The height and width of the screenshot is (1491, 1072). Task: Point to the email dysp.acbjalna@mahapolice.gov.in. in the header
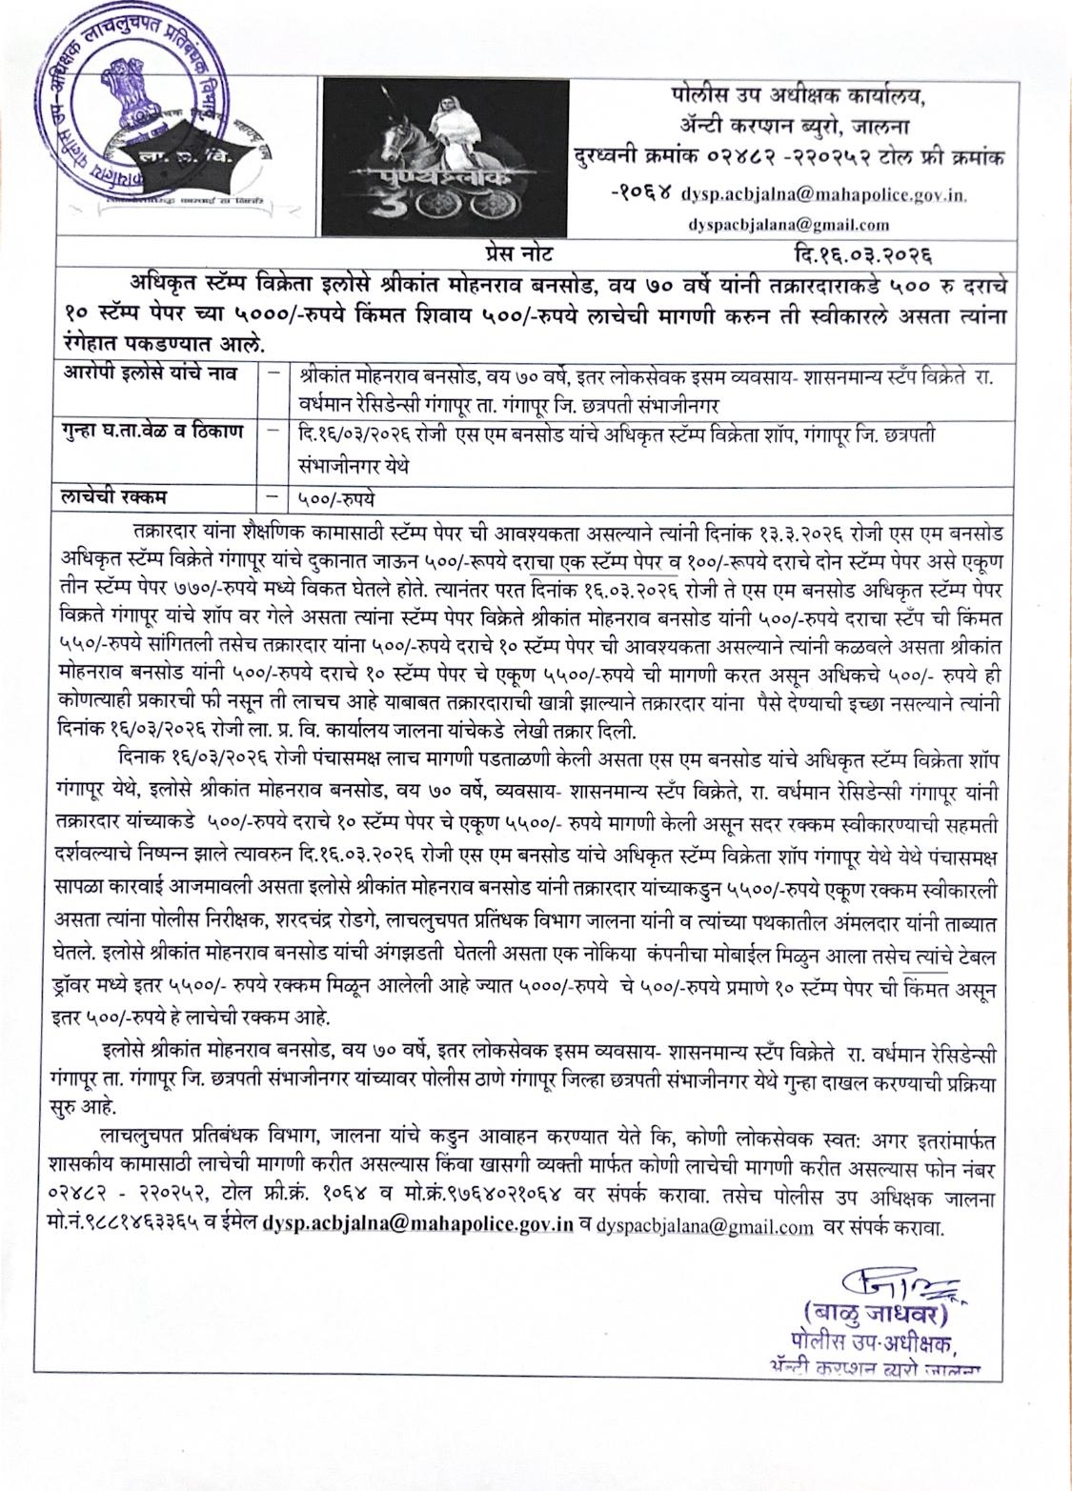(x=824, y=195)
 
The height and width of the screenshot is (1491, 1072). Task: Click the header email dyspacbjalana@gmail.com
(x=788, y=225)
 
